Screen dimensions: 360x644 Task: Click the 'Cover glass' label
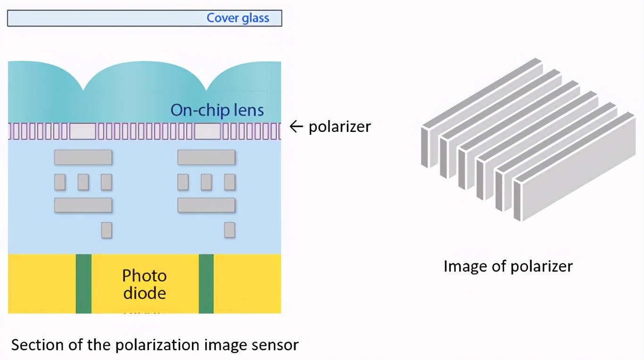point(238,18)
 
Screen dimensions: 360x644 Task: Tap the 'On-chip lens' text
point(217,110)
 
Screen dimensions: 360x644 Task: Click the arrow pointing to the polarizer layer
point(296,126)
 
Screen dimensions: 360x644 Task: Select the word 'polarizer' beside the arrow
point(339,126)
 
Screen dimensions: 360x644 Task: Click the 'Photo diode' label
point(144,284)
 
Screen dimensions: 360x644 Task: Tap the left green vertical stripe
point(83,284)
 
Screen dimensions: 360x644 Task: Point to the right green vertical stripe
point(206,284)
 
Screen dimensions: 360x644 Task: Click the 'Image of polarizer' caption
point(508,266)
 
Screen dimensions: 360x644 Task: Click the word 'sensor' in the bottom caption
point(277,344)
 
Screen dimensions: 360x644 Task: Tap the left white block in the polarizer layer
point(83,131)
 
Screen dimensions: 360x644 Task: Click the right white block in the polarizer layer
point(207,131)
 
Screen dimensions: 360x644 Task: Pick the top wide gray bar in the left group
point(83,157)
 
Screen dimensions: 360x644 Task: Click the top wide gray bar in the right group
point(206,157)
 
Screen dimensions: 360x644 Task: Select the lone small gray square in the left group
point(107,230)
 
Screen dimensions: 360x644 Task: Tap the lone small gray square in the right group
point(230,230)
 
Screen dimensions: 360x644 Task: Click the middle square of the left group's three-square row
point(83,182)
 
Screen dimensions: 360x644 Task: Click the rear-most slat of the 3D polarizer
point(481,94)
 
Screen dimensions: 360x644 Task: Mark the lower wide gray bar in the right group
point(206,205)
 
